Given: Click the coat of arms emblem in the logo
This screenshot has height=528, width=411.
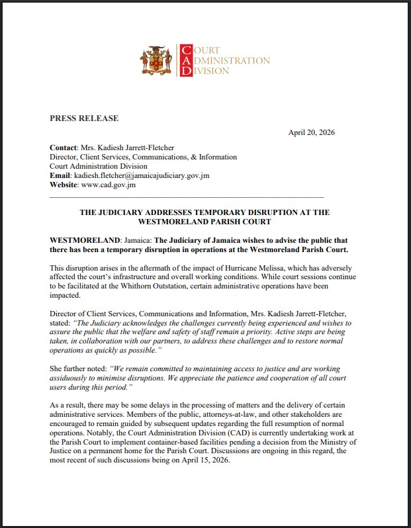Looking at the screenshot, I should [x=156, y=60].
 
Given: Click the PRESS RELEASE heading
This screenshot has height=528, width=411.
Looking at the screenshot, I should [x=84, y=118].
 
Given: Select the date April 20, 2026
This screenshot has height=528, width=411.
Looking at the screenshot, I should [x=311, y=132].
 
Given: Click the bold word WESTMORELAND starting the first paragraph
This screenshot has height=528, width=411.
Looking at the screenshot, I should [x=77, y=240].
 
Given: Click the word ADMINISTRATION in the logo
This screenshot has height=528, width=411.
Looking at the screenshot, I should [x=228, y=61].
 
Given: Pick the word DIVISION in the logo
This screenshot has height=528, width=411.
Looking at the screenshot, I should [x=209, y=71].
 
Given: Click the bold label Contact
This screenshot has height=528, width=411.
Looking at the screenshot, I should [x=64, y=147].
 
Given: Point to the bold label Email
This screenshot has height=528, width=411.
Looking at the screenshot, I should [x=61, y=175].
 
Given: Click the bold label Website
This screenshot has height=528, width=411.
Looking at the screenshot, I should [x=64, y=185].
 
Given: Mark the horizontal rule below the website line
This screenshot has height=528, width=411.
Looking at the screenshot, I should [x=187, y=197].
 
